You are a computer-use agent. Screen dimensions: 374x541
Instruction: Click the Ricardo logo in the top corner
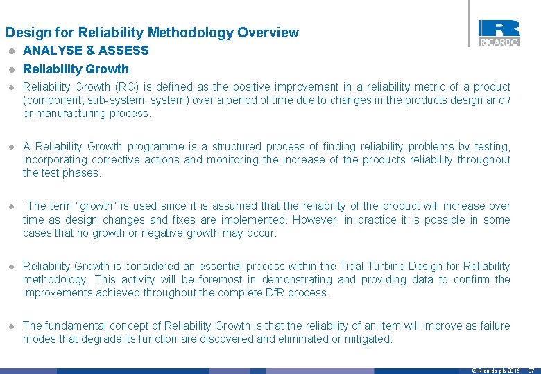(499, 33)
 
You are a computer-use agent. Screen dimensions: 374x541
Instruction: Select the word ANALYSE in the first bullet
(51, 51)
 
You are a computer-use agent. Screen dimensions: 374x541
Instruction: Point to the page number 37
(531, 371)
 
